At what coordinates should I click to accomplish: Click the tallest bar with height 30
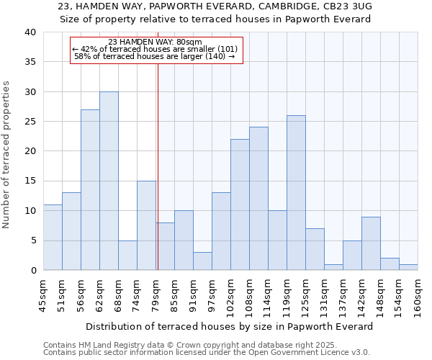coord(109,181)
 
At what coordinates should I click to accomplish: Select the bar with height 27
coord(90,190)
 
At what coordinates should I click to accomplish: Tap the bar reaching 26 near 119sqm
coord(296,193)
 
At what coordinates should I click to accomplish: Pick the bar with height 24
coord(258,199)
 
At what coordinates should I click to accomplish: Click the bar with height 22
coord(240,204)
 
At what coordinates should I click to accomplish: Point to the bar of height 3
coord(202,261)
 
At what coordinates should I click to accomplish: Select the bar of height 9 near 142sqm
coord(371,243)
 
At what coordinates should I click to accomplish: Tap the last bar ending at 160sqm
coord(408,267)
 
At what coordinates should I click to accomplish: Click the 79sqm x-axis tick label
coord(156,294)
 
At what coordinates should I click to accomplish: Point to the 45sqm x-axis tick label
coord(43,294)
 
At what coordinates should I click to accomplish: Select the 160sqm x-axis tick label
coord(418,295)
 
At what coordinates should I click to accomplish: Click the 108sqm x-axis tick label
coord(249,295)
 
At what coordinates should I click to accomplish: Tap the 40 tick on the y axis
coord(30,32)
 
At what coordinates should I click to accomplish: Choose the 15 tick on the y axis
coord(30,181)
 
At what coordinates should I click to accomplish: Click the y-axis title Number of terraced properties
coord(7,154)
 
